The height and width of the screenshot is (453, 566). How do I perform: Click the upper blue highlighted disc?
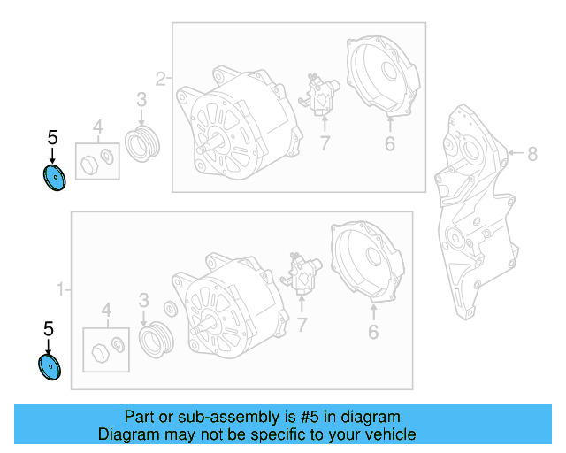click(54, 178)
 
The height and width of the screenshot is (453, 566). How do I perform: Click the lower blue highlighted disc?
click(50, 366)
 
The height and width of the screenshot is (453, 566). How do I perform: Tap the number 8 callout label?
click(532, 154)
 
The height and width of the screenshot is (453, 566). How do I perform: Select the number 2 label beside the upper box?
click(161, 79)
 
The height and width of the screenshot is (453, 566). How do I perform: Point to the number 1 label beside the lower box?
click(61, 289)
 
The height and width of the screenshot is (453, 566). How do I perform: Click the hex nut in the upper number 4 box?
click(89, 165)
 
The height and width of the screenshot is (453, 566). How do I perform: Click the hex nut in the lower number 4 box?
click(100, 353)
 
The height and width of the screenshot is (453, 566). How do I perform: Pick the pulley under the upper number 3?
click(142, 143)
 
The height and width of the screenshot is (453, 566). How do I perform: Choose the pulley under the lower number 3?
click(156, 339)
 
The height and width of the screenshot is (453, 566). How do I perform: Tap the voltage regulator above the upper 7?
click(319, 95)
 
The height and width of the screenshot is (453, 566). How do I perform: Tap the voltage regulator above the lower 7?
click(301, 273)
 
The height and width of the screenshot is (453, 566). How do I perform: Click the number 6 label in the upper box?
click(390, 144)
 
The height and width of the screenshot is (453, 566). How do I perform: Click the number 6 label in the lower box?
click(373, 332)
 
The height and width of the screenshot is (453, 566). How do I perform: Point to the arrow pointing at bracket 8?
click(516, 153)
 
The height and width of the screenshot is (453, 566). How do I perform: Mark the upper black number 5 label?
click(53, 138)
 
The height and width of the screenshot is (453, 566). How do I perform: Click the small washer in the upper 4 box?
click(107, 156)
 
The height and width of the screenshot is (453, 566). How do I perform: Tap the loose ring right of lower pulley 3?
click(171, 309)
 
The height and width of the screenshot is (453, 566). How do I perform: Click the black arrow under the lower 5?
click(48, 347)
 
